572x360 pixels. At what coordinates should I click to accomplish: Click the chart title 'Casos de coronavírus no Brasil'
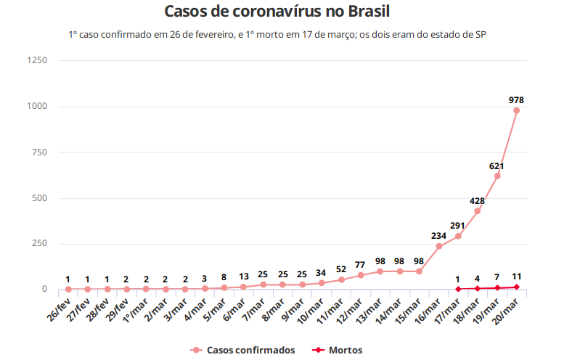click(286, 12)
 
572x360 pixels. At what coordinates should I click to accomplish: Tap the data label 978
click(516, 99)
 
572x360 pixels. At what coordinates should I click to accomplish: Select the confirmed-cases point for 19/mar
click(497, 176)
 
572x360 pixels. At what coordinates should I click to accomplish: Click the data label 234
click(438, 235)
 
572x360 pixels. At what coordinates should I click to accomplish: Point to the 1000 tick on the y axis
click(37, 107)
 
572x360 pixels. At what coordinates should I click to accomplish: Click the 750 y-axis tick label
click(39, 152)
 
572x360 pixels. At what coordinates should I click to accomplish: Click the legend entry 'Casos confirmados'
click(243, 350)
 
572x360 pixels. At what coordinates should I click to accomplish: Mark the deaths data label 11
click(516, 277)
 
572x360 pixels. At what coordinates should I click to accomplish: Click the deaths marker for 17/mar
click(458, 289)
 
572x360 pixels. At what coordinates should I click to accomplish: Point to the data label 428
click(478, 200)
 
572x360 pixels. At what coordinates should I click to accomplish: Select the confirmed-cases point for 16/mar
click(438, 246)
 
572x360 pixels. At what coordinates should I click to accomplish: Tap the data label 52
click(341, 269)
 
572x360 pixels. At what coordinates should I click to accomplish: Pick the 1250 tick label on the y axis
click(37, 61)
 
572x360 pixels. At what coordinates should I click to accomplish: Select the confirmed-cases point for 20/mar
click(516, 110)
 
